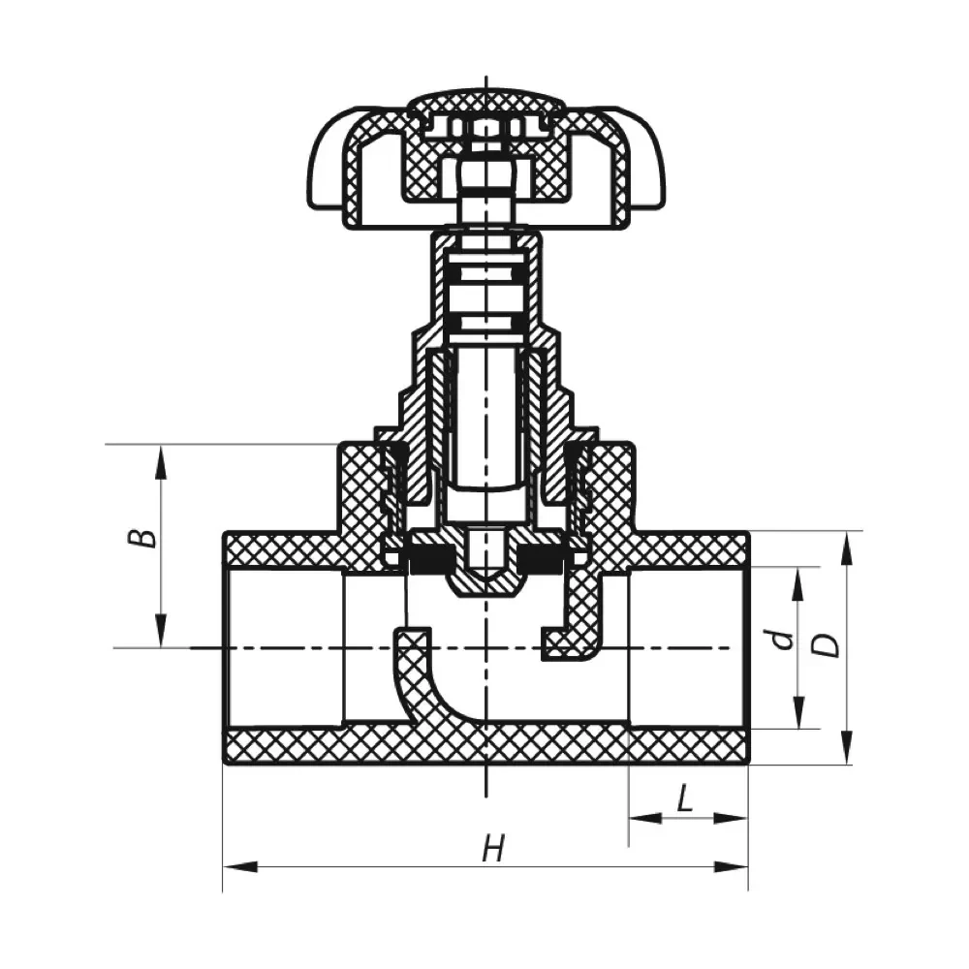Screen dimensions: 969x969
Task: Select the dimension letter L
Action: [684, 799]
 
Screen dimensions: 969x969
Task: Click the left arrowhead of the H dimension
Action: [239, 866]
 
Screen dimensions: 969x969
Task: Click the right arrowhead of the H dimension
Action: [732, 866]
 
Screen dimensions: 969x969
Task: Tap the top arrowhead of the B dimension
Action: [161, 461]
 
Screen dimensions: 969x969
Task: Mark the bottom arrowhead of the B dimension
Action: [161, 631]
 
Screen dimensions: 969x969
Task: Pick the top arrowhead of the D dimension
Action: [847, 548]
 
